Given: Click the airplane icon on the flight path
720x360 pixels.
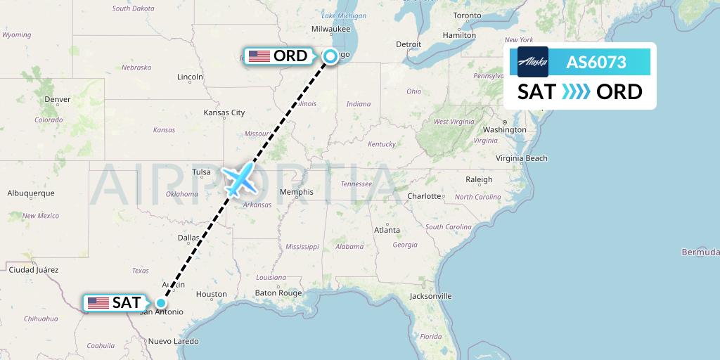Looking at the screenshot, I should [x=239, y=179].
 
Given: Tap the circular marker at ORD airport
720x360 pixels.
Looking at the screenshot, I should [x=330, y=56].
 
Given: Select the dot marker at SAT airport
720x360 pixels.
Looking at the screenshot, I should [x=161, y=303].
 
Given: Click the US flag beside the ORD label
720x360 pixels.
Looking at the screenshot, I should [x=259, y=56].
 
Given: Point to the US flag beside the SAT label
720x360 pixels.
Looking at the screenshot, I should [x=98, y=303].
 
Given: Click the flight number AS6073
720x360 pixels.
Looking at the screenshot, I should [x=596, y=63].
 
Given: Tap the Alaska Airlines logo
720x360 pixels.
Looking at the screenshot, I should [x=532, y=62].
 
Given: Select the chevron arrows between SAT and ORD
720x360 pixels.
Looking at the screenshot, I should [x=576, y=92].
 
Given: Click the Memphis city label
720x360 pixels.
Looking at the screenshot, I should [x=296, y=191].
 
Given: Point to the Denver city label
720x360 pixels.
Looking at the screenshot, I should [x=57, y=99].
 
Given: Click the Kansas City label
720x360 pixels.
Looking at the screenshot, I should [x=224, y=112].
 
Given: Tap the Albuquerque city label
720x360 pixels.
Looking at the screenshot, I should [x=31, y=193].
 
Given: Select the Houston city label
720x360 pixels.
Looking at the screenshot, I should [x=211, y=294].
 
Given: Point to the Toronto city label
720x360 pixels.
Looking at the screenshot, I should [x=467, y=15].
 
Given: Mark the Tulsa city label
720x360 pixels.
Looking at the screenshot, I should [x=202, y=172].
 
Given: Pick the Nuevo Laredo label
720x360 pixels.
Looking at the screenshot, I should [x=172, y=341].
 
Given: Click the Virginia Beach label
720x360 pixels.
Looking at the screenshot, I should [x=521, y=158].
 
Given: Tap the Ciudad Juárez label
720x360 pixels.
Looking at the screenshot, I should [x=32, y=269].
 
